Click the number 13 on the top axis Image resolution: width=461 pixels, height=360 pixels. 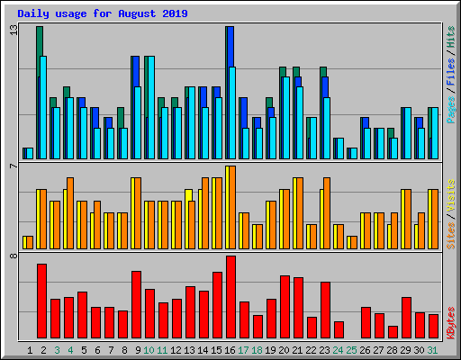coord(13,30)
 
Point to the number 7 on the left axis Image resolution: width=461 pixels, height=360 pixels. coord(13,166)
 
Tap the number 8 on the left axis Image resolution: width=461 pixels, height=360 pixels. coord(13,257)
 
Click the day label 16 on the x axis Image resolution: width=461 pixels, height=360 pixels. coord(230,349)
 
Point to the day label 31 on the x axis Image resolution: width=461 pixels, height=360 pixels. coord(433,349)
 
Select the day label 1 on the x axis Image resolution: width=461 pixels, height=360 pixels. coord(30,349)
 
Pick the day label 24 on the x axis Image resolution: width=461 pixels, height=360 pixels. coord(339,349)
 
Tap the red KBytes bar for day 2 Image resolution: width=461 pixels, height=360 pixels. coord(41,301)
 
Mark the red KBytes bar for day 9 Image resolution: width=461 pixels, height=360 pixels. coord(136,304)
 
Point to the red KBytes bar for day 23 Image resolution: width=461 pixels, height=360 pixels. coord(325,310)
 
